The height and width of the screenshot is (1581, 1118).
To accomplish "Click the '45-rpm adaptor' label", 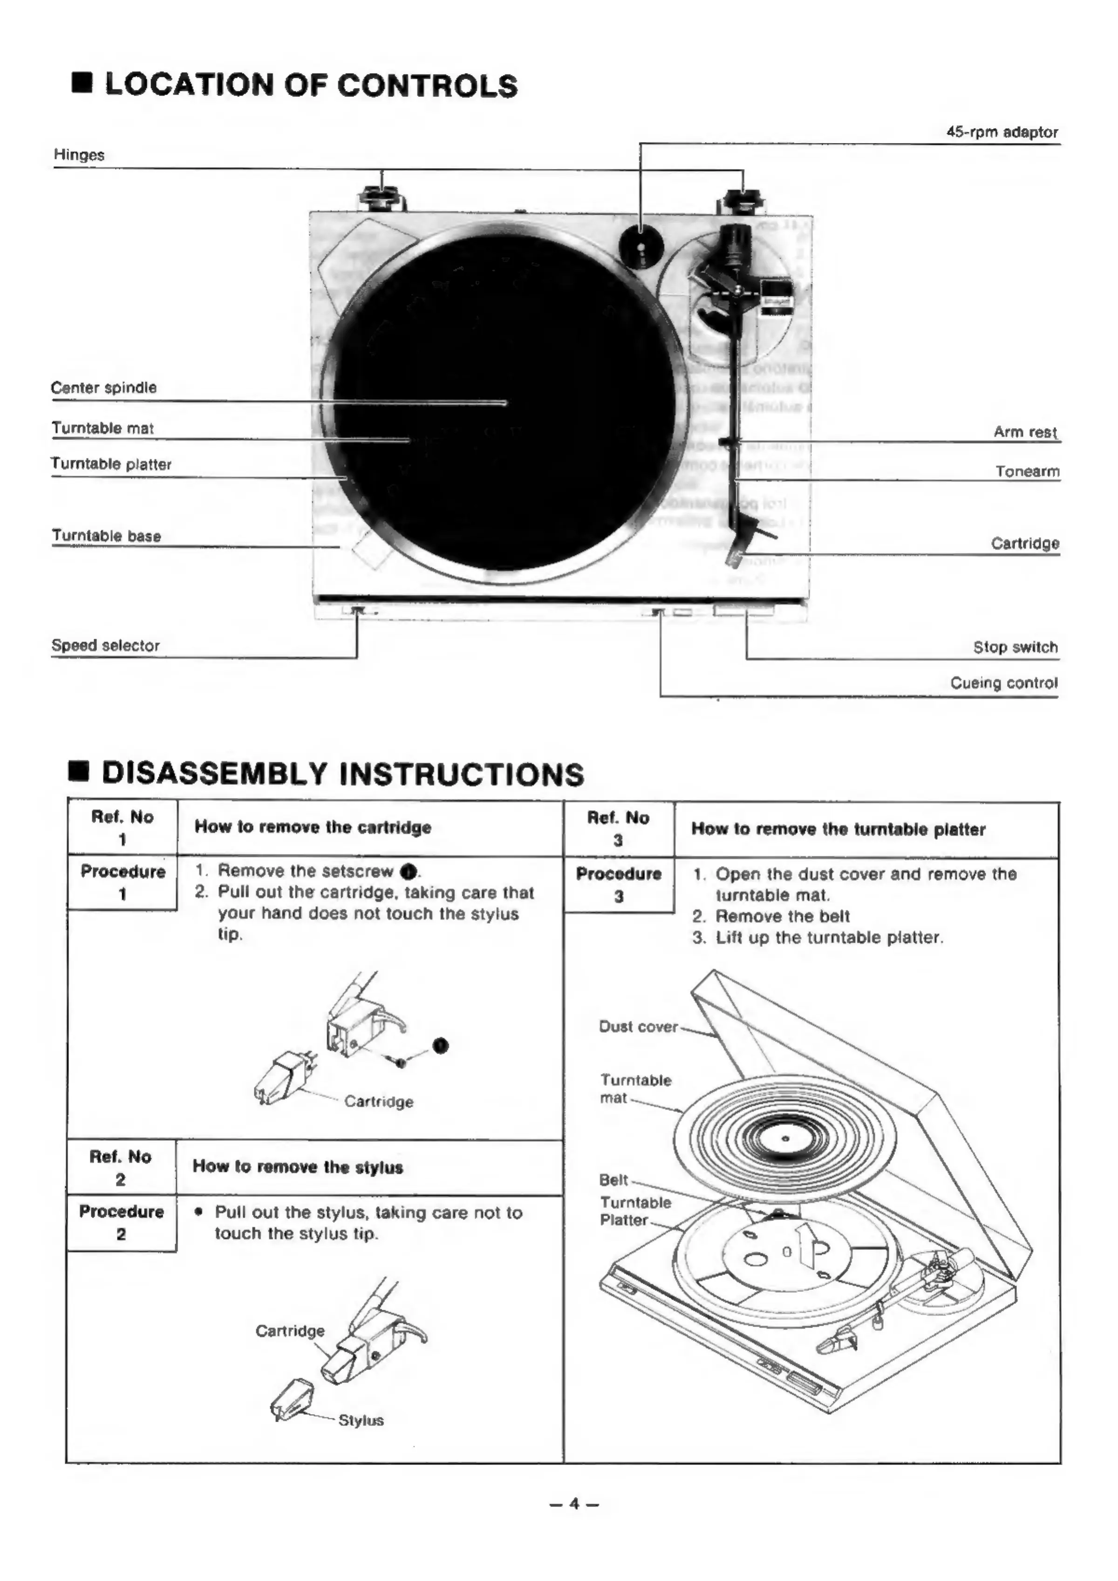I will pos(1002,132).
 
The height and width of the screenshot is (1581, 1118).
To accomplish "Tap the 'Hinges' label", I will pos(79,155).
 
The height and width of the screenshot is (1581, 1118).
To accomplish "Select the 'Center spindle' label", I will pos(104,388).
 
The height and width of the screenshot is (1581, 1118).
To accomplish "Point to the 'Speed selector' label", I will pos(105,645).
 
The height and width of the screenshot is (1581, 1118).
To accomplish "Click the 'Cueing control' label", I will pos(1004,683).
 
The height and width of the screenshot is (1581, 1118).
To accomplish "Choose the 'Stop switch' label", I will pos(1016,647).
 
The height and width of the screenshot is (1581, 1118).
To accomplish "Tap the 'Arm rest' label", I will pos(1025,432).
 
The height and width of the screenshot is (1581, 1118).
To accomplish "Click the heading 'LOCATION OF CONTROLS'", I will pos(311,85).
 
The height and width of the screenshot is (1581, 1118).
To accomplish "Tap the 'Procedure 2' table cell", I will pos(121,1223).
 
